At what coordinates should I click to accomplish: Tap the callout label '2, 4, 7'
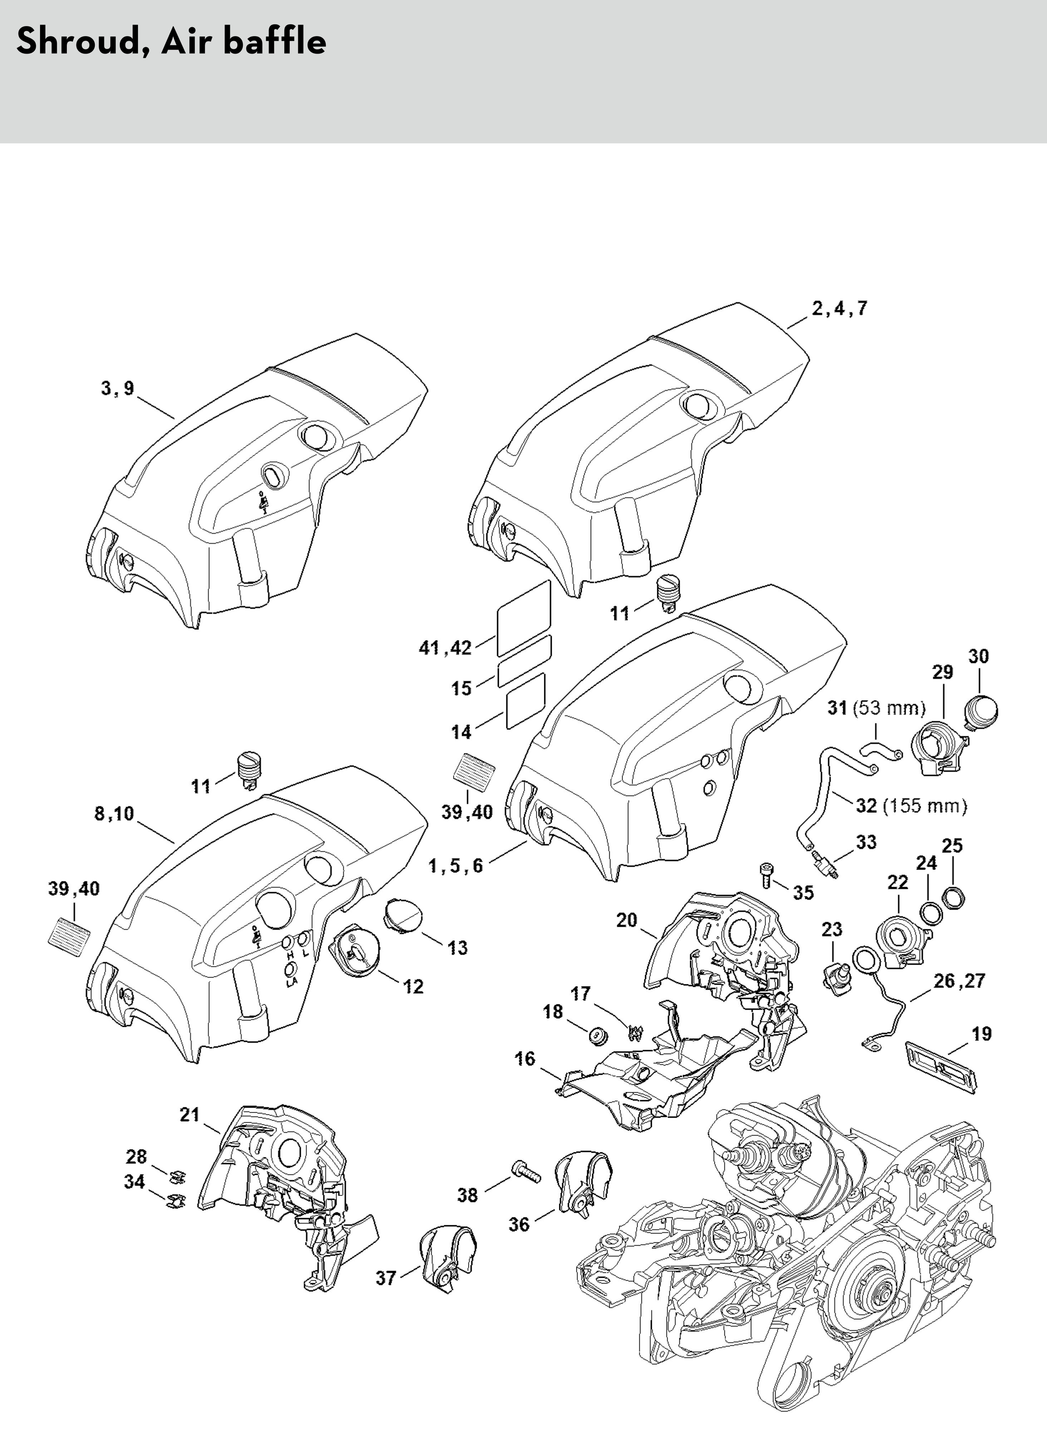(x=839, y=309)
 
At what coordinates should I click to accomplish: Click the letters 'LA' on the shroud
(x=291, y=982)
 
